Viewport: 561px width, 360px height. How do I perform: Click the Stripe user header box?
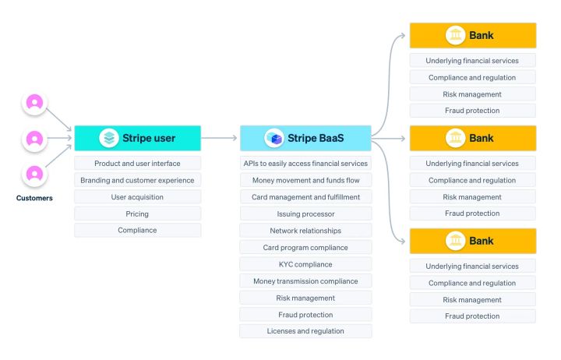point(137,138)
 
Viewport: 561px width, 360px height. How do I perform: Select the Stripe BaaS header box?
point(305,138)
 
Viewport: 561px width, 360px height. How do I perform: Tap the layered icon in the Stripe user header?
point(109,138)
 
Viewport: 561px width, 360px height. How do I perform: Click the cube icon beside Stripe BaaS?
point(273,138)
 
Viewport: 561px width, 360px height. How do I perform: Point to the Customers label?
point(34,198)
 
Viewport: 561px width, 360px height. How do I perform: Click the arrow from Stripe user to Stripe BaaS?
point(220,138)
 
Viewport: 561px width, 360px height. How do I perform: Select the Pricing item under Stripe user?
point(137,214)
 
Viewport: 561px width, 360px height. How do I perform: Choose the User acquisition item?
point(137,197)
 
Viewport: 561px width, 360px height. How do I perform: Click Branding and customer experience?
point(137,180)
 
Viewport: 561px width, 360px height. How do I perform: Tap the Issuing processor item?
point(305,214)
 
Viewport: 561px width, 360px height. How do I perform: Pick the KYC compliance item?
point(305,264)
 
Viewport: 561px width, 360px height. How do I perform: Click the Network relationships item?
point(305,231)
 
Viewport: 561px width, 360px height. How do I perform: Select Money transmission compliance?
point(305,281)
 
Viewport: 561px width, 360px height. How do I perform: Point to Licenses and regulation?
point(305,331)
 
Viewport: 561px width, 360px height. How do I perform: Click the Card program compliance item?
point(305,247)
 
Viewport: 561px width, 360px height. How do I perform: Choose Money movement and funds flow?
point(305,180)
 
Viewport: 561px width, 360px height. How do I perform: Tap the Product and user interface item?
point(137,164)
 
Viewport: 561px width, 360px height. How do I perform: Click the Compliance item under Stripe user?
point(137,230)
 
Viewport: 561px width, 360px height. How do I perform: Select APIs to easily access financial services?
point(305,164)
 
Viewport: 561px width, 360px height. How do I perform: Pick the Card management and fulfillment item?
point(305,197)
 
